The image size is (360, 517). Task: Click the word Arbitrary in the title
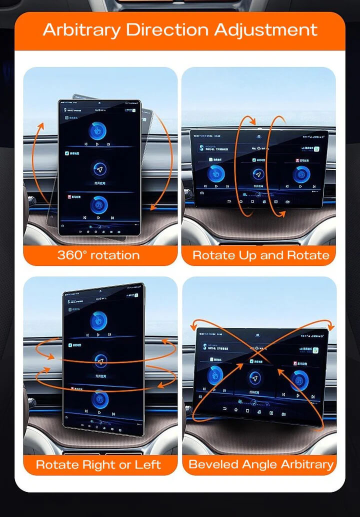[81, 29]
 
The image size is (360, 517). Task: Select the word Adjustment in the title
[265, 29]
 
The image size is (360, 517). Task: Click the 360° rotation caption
[98, 255]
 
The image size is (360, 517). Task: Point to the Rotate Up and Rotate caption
[260, 255]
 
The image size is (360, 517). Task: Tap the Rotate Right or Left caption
[98, 464]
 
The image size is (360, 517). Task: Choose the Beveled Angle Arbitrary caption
[260, 464]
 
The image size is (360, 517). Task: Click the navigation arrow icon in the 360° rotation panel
[100, 170]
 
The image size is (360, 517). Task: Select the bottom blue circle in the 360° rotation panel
[99, 204]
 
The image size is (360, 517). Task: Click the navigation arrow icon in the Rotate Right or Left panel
[101, 361]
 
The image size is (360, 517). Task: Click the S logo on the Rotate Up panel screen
[201, 145]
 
